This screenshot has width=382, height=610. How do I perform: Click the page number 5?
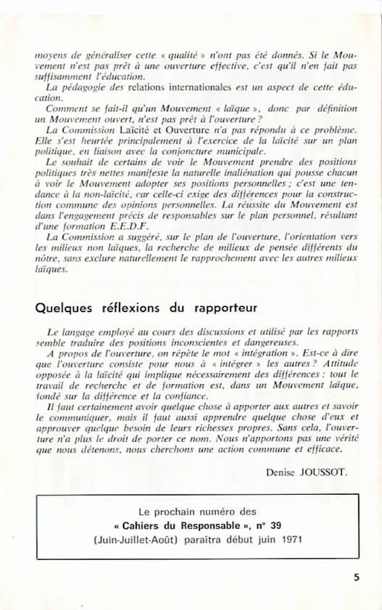[356, 577]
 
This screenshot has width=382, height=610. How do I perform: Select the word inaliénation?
[254, 172]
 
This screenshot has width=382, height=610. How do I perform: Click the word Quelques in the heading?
[62, 308]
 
